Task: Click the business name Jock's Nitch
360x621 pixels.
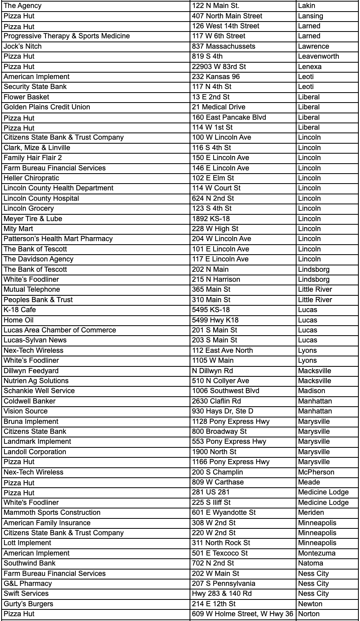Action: click(23, 46)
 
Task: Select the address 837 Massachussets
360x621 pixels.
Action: click(224, 46)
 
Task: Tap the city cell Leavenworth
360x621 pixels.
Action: click(318, 56)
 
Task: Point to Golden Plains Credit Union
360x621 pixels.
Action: click(47, 107)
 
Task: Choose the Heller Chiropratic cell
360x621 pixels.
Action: click(31, 178)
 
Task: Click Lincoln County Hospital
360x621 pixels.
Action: click(41, 198)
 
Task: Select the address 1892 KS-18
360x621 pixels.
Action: click(211, 219)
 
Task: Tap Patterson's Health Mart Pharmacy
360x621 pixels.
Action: click(58, 239)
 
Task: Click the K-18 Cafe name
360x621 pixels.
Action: click(20, 310)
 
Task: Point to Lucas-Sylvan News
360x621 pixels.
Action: click(35, 340)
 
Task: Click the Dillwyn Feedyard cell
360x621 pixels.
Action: click(31, 371)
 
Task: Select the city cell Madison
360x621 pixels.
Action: click(311, 391)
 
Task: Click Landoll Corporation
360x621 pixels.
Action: click(35, 452)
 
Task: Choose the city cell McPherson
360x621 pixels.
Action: click(316, 472)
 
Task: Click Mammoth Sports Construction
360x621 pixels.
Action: click(52, 512)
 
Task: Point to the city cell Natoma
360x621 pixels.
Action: click(311, 563)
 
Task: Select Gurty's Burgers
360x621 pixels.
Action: click(28, 604)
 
